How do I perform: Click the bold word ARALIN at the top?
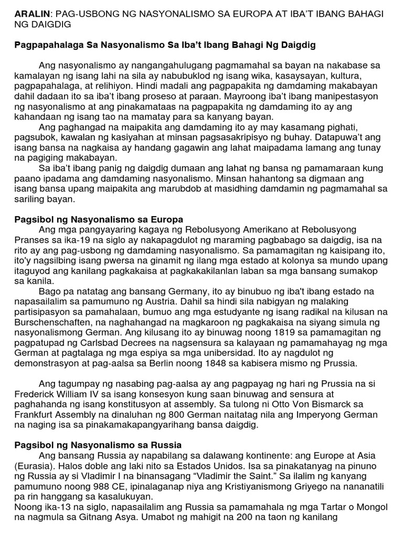[x=31, y=14]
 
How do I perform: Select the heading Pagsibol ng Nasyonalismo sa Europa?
[x=98, y=219]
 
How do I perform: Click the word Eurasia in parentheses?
[x=35, y=466]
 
